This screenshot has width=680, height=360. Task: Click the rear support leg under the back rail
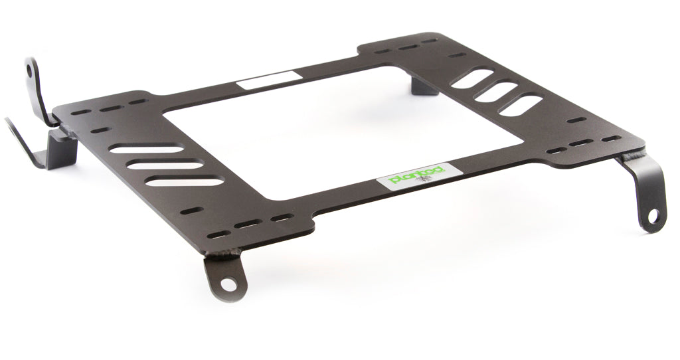point(423,84)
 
